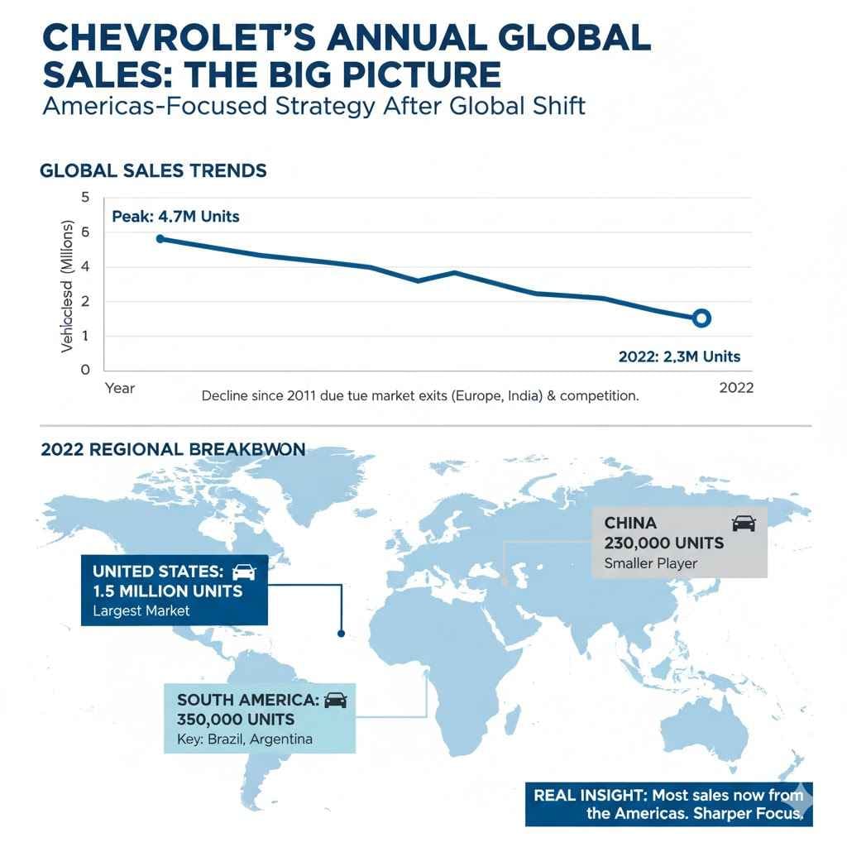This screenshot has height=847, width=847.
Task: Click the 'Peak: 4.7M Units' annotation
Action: tap(175, 217)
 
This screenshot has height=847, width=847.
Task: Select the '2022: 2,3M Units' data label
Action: tap(679, 357)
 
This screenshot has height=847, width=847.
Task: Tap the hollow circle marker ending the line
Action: tap(701, 318)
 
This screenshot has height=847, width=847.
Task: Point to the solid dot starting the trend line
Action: tap(160, 238)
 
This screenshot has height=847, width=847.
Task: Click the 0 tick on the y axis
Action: tap(84, 370)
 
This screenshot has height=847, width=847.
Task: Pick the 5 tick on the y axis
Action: tap(84, 197)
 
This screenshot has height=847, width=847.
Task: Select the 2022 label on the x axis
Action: tap(736, 388)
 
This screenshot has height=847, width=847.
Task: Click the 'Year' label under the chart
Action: tap(120, 388)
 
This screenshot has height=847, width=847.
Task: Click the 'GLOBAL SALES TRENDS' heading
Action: tap(153, 170)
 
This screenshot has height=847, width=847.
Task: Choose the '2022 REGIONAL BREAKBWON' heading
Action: tap(173, 449)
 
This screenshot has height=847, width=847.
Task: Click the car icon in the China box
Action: tap(744, 523)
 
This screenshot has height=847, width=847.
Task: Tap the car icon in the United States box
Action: tap(244, 572)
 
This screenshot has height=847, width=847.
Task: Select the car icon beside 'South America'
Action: tap(335, 700)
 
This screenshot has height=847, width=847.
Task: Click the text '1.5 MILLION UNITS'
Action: tap(168, 591)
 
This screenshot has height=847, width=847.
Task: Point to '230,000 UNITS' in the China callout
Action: tap(664, 543)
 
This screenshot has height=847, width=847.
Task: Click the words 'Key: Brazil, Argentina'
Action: tap(245, 739)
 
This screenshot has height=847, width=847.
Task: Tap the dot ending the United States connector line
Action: tap(341, 634)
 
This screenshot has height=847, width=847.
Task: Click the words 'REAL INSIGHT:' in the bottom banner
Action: tap(590, 796)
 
